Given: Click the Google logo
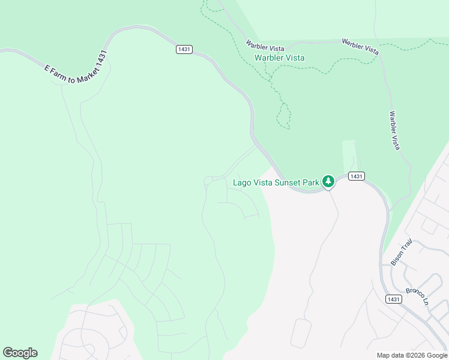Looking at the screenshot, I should click(x=20, y=353).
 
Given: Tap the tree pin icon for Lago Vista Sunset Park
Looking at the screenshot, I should click(x=328, y=181).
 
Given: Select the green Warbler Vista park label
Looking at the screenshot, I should click(x=279, y=58).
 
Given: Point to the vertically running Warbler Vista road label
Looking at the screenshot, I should click(x=394, y=130).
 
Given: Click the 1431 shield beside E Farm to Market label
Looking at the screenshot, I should click(x=184, y=49).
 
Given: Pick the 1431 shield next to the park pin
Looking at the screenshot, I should click(x=356, y=176).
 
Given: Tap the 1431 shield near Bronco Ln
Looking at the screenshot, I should click(x=393, y=299).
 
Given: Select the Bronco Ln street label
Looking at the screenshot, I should click(x=415, y=294).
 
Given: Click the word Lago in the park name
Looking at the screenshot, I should click(x=242, y=182).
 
